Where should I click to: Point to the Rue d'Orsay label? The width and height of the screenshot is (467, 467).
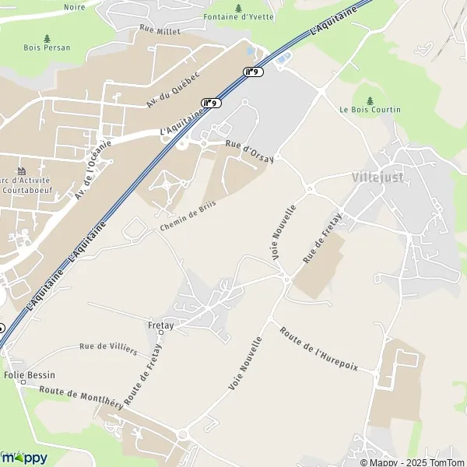click(x=250, y=153)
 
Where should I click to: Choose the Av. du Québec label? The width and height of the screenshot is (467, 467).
click(x=174, y=90)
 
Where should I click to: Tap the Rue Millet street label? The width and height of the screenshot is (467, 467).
click(x=160, y=31)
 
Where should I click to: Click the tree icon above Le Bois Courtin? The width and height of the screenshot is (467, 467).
click(x=370, y=100)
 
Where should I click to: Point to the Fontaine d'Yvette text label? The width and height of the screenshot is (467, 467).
click(x=238, y=16)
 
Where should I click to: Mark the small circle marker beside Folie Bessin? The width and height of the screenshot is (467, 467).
click(x=24, y=383)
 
